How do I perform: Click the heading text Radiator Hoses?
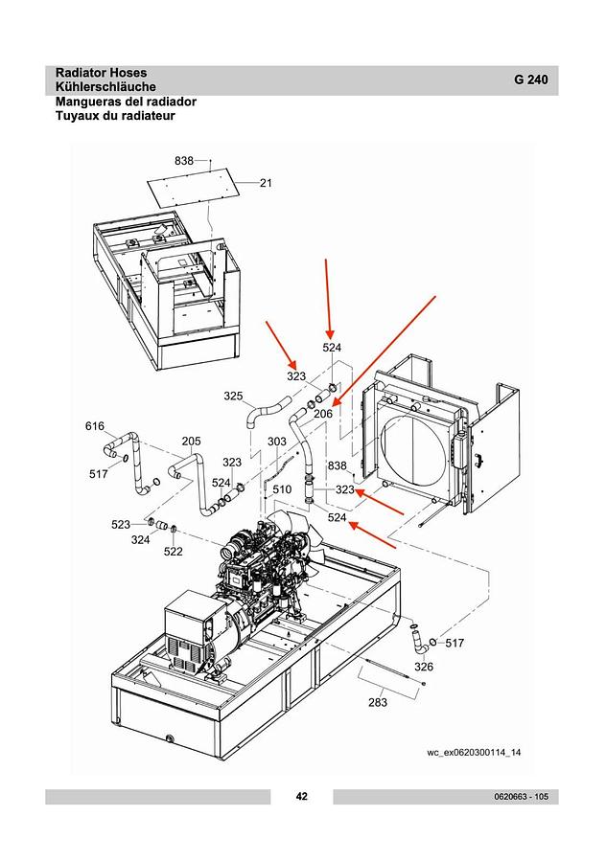101,73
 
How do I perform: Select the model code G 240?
530,79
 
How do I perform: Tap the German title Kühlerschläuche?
105,87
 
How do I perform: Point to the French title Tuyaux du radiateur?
115,116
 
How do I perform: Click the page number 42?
302,796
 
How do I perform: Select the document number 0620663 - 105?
521,797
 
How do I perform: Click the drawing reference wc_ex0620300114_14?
474,753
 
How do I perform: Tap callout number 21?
266,183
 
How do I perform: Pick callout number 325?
233,397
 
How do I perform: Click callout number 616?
95,426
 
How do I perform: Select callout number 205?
191,442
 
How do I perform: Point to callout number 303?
277,442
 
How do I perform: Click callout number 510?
282,489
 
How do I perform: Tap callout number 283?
378,702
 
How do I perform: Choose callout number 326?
424,667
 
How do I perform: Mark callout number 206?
323,414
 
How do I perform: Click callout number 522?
173,552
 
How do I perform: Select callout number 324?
140,540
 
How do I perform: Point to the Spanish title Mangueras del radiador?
126,102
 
